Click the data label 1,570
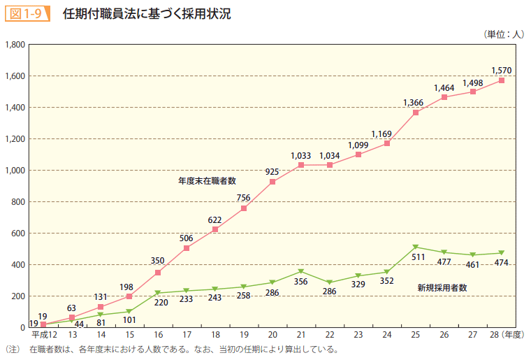coord(502,70)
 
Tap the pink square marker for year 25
coord(416,113)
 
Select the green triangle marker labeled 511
coord(416,247)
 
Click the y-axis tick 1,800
coord(15,45)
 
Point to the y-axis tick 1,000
coord(15,171)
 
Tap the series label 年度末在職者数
coord(207,180)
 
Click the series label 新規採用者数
coord(442,287)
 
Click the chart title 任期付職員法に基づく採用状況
coord(146,13)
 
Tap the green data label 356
coord(301,282)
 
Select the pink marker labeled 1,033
coord(301,165)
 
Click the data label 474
coord(502,263)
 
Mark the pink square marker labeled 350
coord(158,273)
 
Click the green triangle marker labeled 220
coord(158,293)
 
